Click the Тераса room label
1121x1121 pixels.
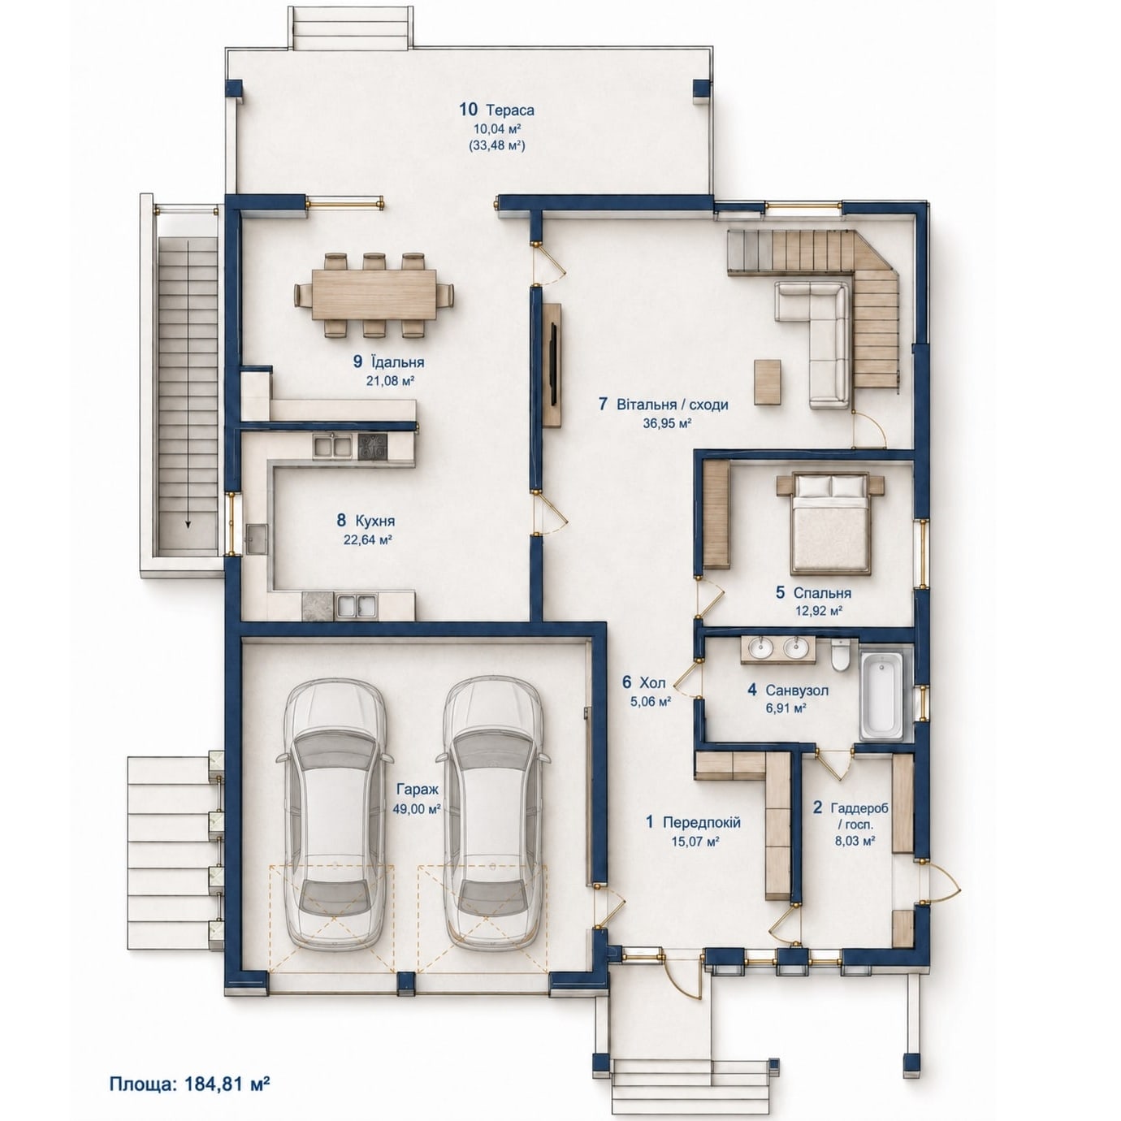tap(510, 110)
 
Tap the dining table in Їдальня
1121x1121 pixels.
tap(374, 294)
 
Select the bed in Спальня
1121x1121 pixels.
tap(830, 524)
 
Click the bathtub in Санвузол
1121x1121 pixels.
tap(881, 696)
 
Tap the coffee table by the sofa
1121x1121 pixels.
tap(768, 381)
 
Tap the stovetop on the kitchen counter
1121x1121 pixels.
tap(372, 448)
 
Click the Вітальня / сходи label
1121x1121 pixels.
tap(673, 404)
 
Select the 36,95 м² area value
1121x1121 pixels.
tap(667, 423)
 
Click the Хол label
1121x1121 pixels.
tap(653, 682)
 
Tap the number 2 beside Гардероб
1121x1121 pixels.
tap(818, 808)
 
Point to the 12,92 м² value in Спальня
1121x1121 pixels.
tap(819, 611)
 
